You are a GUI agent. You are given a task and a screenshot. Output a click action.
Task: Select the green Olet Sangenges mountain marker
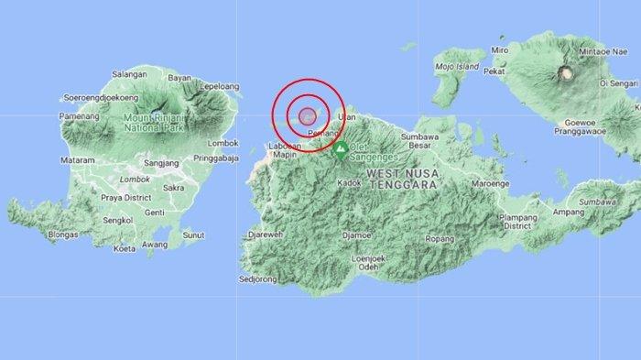pos(341,148)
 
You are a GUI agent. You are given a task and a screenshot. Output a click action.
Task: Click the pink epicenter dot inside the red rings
pos(308,115)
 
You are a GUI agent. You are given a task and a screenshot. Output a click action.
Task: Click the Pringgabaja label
pos(218,158)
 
